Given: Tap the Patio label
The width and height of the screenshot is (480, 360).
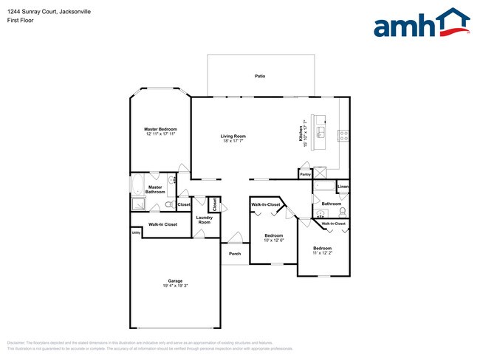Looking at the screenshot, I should pos(260,76).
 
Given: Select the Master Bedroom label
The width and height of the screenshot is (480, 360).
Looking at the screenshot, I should pos(160,129).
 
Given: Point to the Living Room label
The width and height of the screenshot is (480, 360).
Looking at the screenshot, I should pos(233,136).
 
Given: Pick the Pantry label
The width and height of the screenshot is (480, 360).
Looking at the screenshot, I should pos(305,174).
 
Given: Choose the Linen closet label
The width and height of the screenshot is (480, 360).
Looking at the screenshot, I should pos(343,187).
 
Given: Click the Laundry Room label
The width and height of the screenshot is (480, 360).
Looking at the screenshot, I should pos(205,220).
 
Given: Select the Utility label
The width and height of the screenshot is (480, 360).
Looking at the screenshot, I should pos(136,233).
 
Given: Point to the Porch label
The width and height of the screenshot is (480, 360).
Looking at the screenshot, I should pos(234,254).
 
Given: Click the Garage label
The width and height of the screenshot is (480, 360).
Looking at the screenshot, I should pos(175,281).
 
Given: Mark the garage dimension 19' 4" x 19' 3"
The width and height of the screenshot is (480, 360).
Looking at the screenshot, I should pos(175,286).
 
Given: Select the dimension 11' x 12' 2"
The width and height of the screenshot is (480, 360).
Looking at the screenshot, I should pos(323,253).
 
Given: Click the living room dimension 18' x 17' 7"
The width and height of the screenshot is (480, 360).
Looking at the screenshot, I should pos(233,141).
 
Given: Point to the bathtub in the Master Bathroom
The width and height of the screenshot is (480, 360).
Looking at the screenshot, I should pos(139,185).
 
